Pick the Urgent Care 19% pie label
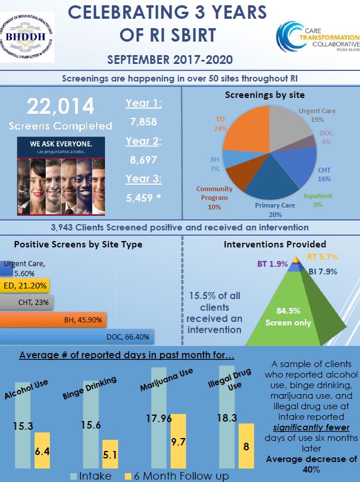point(317,114)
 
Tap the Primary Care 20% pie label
point(274,209)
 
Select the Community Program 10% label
point(214,198)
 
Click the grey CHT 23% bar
point(27,303)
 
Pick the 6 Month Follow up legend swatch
point(130,476)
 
